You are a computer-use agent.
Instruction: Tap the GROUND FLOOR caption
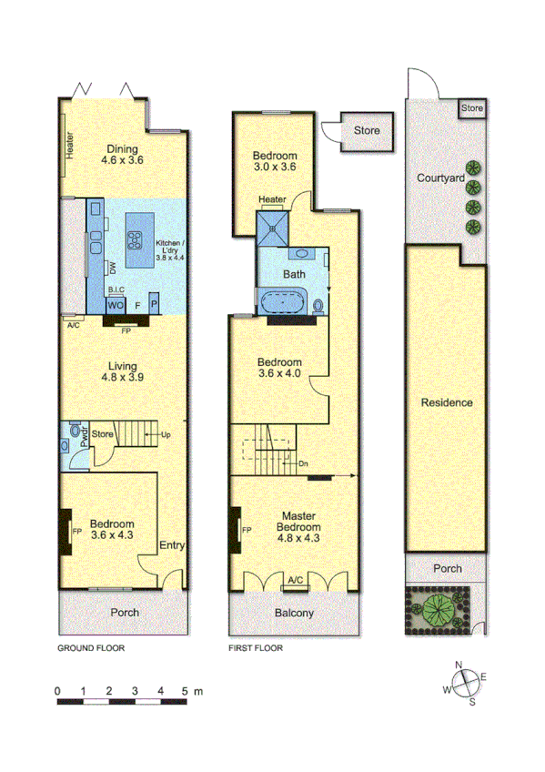[x=90, y=649]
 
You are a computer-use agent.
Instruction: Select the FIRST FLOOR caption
[x=255, y=649]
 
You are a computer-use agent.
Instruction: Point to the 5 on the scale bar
[x=186, y=692]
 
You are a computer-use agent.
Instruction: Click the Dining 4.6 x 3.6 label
[x=124, y=155]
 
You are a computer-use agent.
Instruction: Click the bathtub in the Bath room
[x=285, y=302]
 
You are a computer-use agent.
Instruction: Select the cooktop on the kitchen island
[x=135, y=240]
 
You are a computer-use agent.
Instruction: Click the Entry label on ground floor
[x=172, y=546]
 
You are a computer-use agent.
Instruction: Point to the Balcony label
[x=294, y=614]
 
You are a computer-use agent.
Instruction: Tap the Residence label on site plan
[x=447, y=402]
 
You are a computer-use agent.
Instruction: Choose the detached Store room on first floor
[x=366, y=131]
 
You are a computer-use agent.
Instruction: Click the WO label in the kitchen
[x=116, y=306]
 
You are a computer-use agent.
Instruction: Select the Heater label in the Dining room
[x=69, y=146]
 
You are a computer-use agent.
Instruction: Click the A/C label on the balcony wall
[x=296, y=580]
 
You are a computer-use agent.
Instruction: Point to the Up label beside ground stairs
[x=167, y=435]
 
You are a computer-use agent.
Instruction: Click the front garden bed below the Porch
[x=439, y=607]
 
